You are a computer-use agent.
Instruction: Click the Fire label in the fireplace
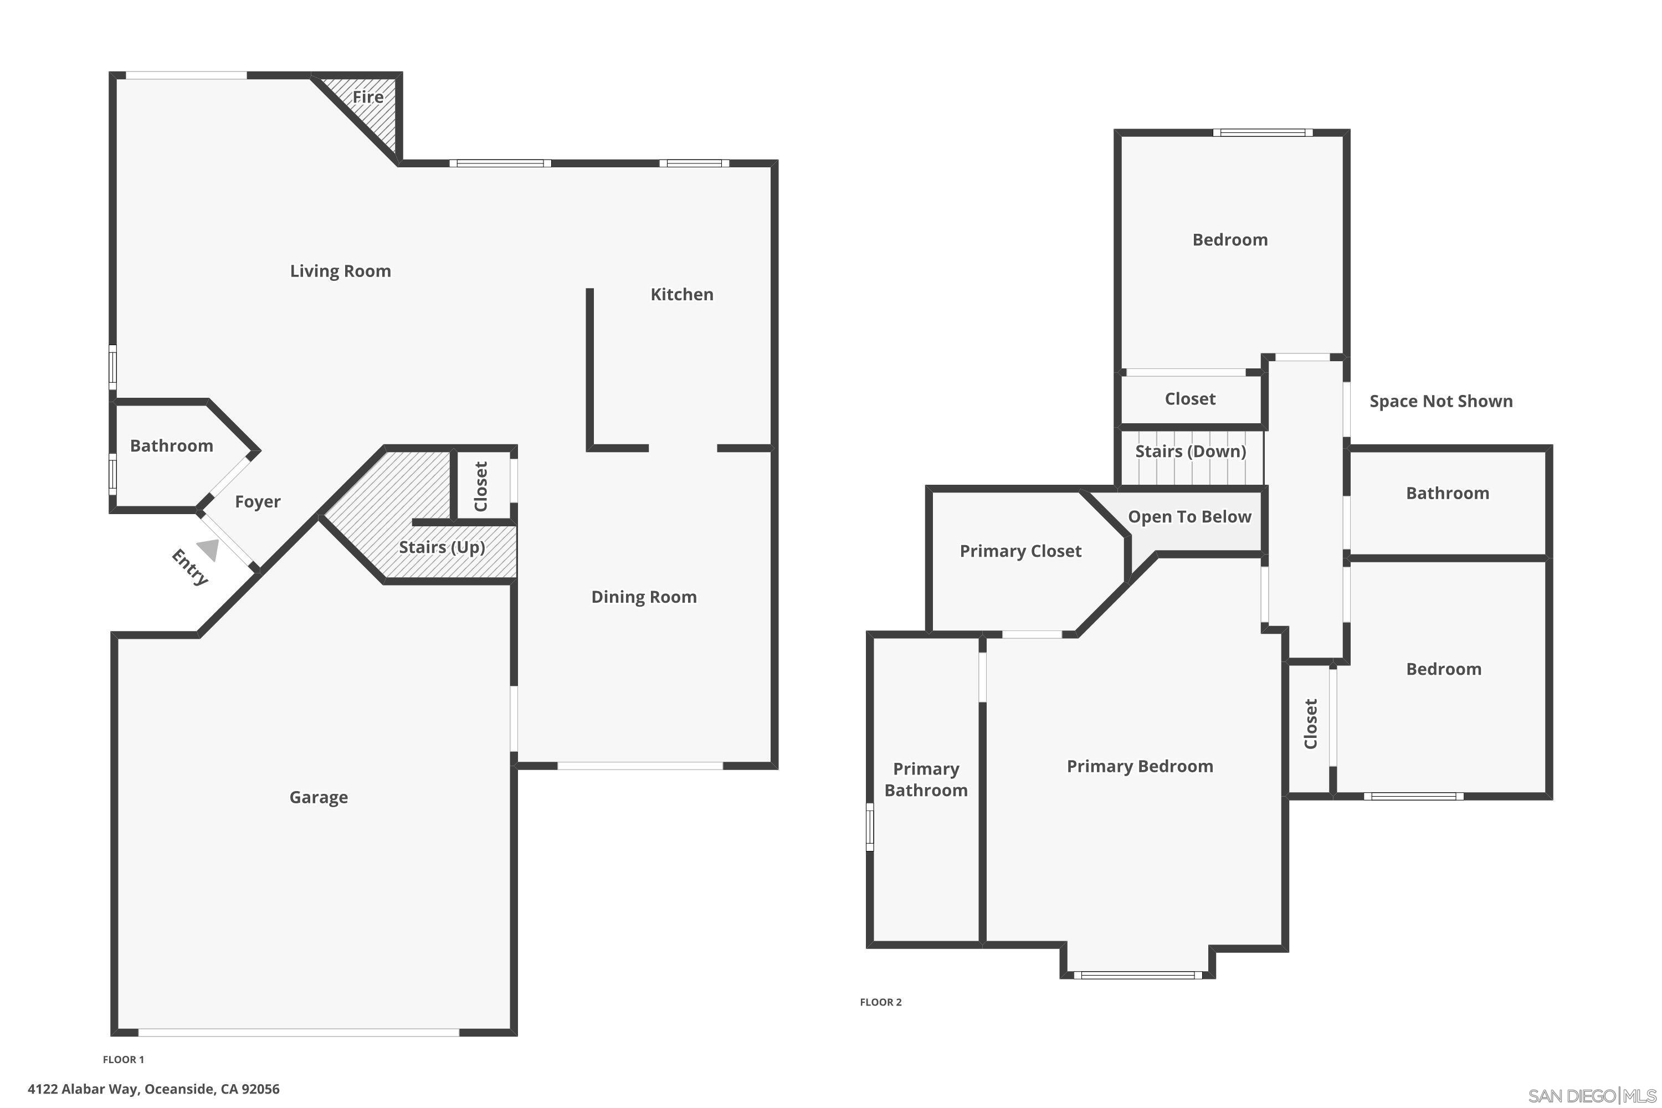tap(368, 97)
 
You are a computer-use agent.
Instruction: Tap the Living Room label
tap(341, 271)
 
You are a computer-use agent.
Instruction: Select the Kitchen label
tap(682, 295)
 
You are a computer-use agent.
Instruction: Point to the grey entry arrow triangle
tap(208, 550)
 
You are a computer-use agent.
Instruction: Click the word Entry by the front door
tap(190, 567)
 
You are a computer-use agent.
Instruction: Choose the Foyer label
tap(258, 502)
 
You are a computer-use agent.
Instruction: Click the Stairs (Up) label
tap(442, 548)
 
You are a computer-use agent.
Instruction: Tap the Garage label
tap(319, 798)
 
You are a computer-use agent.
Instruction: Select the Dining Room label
tap(644, 598)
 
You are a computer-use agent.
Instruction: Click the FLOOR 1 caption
tap(124, 1059)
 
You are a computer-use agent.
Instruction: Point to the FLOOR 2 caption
tap(880, 1002)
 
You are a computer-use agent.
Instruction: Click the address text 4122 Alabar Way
tap(85, 1089)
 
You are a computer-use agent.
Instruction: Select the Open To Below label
tap(1190, 517)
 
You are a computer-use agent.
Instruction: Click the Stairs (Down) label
tap(1191, 452)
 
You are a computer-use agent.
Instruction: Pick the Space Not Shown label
tap(1441, 401)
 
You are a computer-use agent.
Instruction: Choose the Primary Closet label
tap(1020, 551)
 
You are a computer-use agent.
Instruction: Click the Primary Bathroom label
tap(926, 779)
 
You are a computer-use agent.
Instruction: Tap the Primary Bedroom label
tap(1140, 767)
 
